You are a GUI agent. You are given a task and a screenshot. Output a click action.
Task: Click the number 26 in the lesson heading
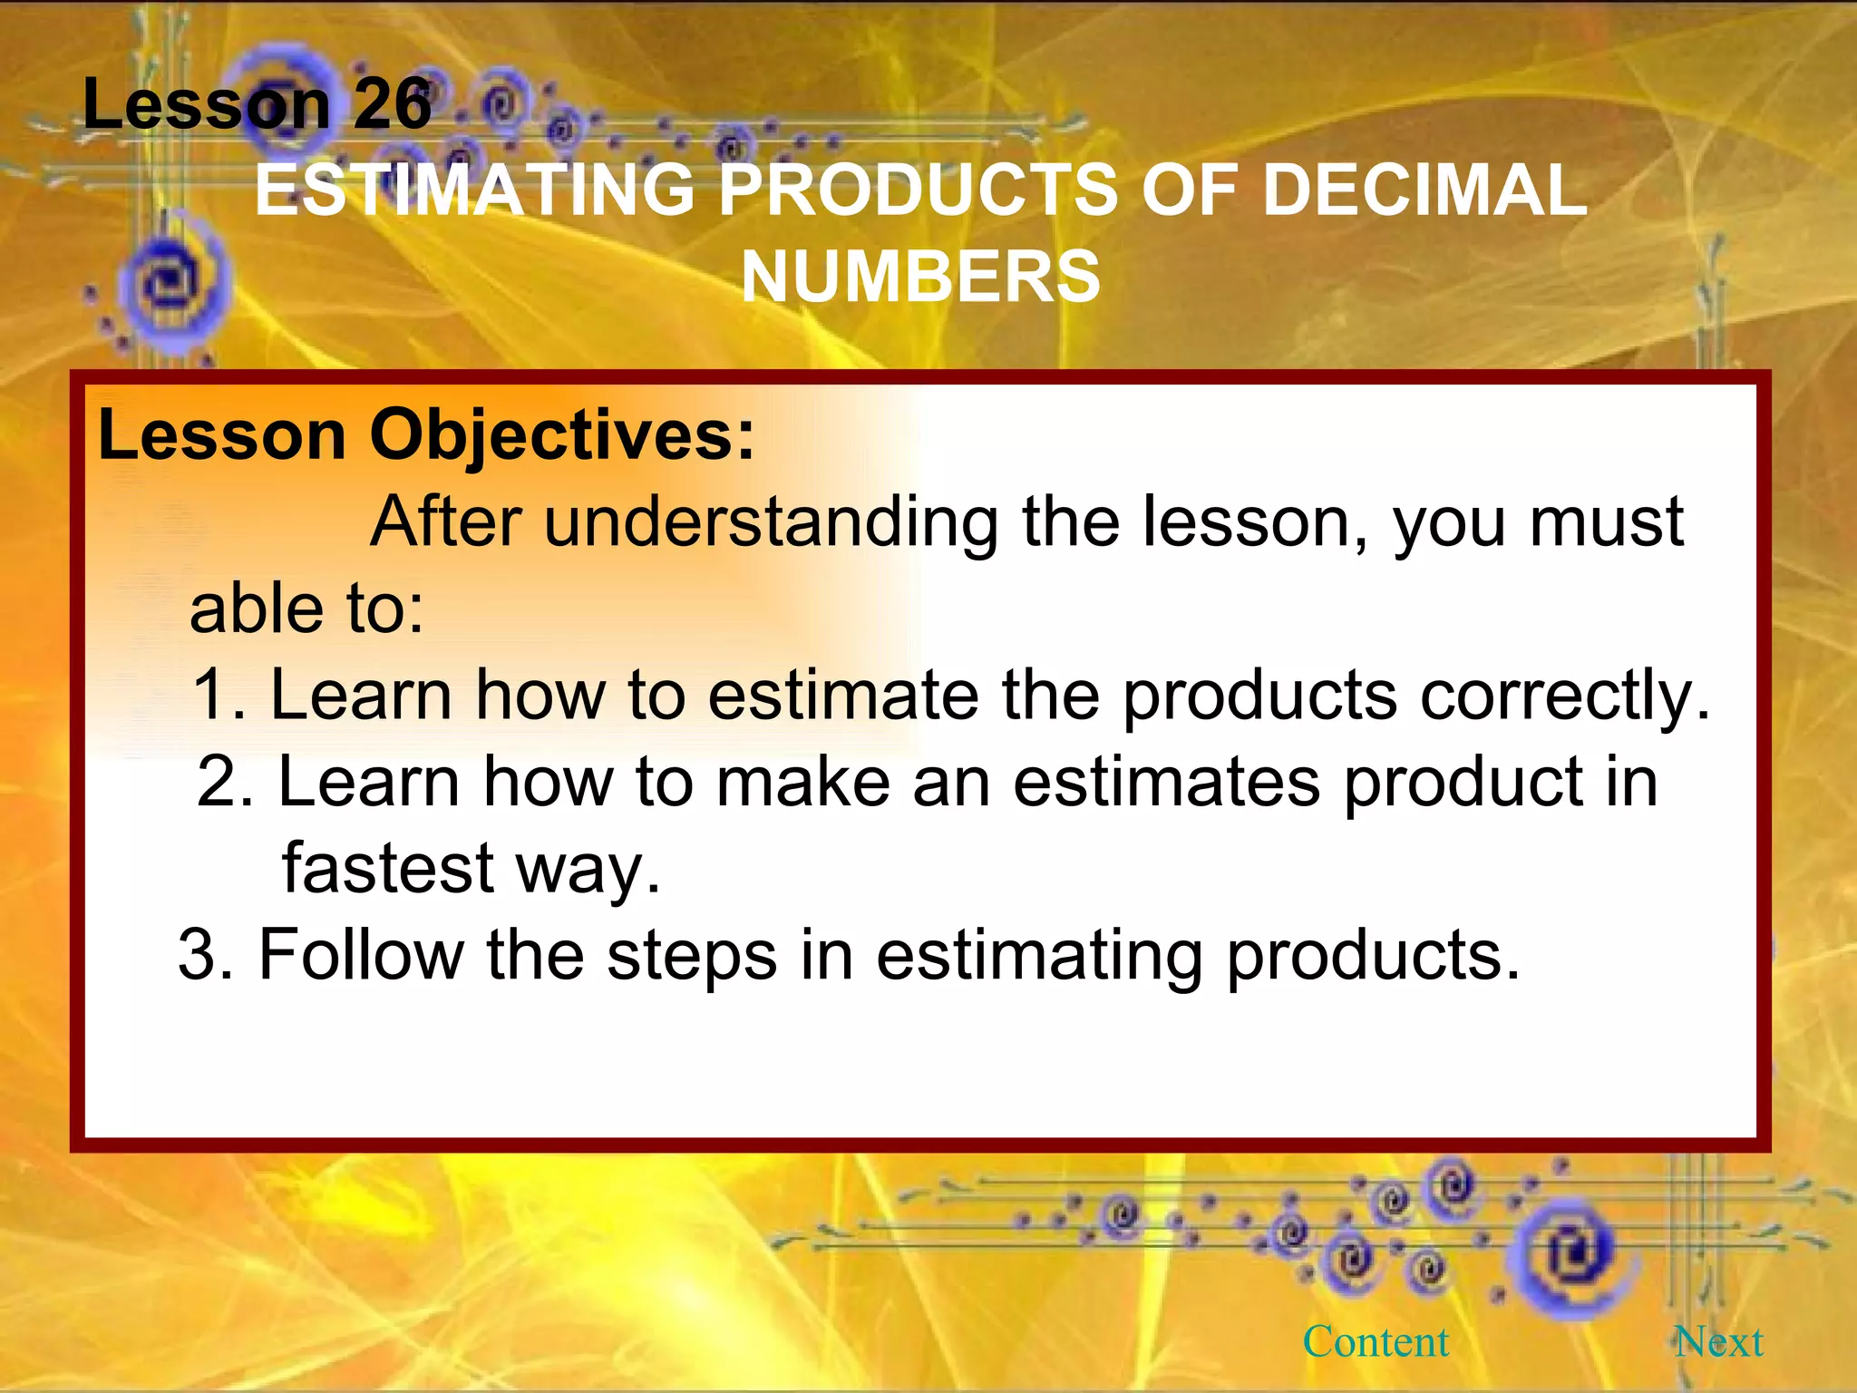tap(392, 104)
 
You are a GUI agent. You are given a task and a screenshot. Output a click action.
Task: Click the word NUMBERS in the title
tap(920, 277)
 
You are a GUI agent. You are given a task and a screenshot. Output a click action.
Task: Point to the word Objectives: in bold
tap(562, 435)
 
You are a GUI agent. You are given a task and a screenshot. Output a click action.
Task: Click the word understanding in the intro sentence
tap(771, 522)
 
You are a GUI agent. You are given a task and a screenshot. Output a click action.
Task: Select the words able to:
tap(306, 609)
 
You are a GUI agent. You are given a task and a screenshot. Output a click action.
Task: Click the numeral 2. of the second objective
tap(226, 782)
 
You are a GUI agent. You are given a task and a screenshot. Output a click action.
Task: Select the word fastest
tap(388, 868)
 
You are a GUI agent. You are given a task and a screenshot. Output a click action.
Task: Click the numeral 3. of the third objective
tap(206, 955)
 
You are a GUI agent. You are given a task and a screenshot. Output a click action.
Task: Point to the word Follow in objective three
tap(361, 955)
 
